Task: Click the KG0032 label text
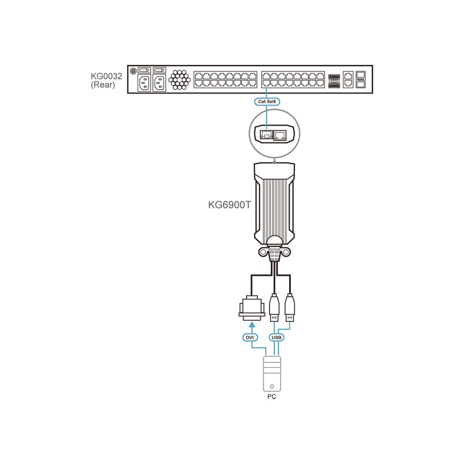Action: coord(106,76)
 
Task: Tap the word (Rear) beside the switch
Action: coord(103,85)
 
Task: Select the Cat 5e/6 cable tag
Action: coord(267,101)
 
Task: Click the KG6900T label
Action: coord(229,205)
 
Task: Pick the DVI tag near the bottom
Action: coord(250,337)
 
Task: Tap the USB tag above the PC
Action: coord(276,337)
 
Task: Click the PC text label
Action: coord(272,396)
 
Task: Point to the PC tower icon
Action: coord(272,374)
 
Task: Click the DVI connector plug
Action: coord(252,308)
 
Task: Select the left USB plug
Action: coord(274,308)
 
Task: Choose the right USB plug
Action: coord(290,308)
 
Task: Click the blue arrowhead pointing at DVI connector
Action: coord(252,324)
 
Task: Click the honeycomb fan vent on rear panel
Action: coord(179,80)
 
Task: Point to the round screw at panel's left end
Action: coord(133,71)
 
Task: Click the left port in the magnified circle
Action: coord(266,135)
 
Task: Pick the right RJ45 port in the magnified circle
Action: coord(280,135)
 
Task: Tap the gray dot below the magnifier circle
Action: coord(275,163)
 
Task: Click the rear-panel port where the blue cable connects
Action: coord(266,83)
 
